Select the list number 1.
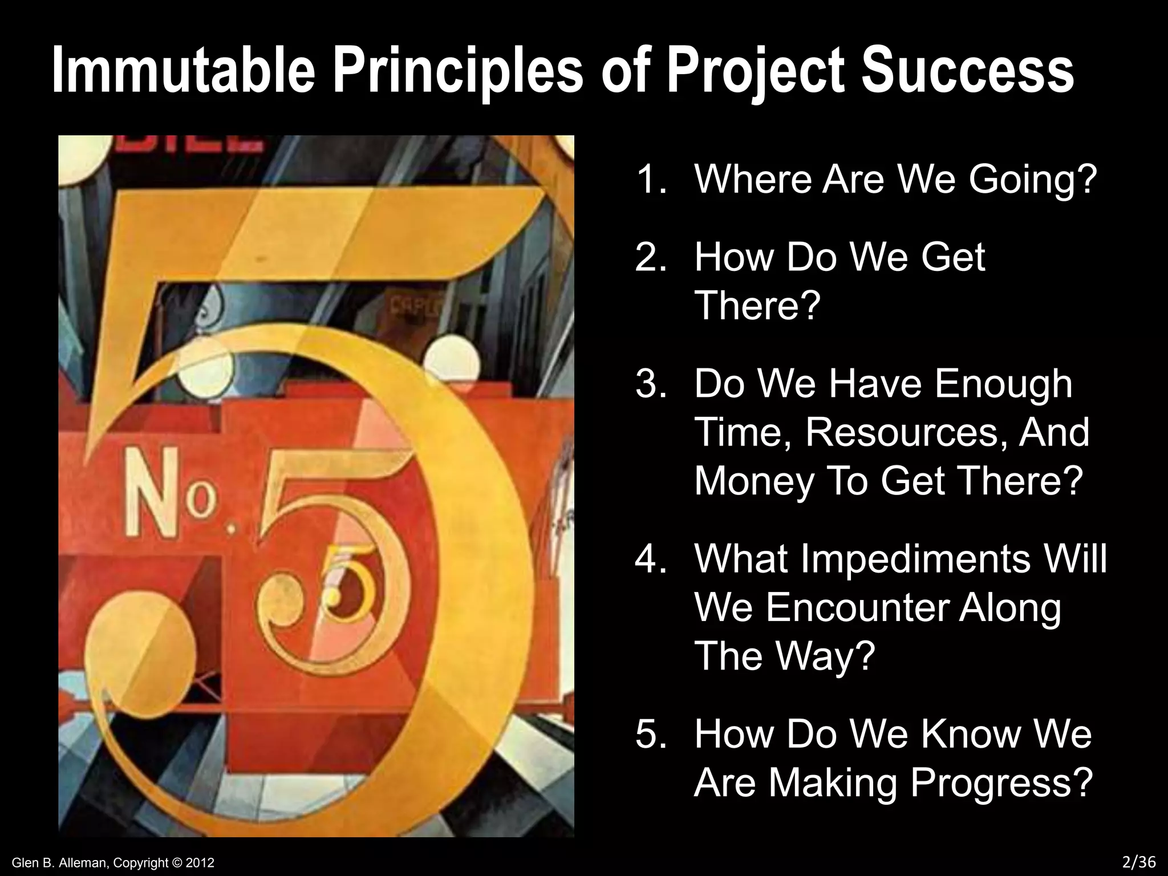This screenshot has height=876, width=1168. click(651, 179)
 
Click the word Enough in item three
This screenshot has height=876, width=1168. click(1004, 386)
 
